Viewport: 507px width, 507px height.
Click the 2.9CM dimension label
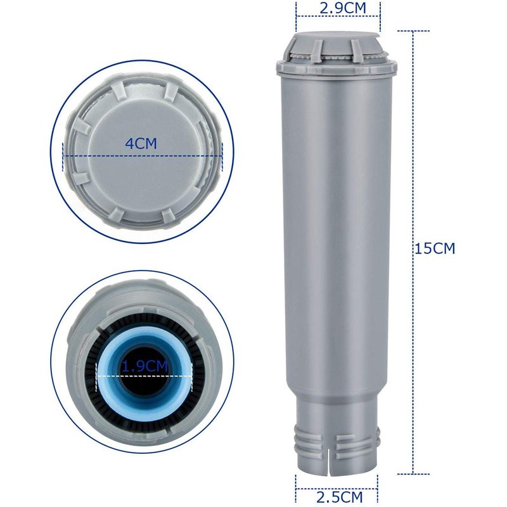pyautogui.click(x=337, y=9)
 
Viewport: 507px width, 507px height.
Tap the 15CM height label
pyautogui.click(x=435, y=248)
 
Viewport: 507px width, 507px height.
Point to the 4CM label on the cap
pyautogui.click(x=140, y=144)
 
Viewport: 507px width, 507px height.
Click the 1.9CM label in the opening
pyautogui.click(x=145, y=366)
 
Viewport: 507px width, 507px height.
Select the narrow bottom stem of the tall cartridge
pyautogui.click(x=337, y=437)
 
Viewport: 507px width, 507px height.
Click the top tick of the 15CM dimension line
pyautogui.click(x=413, y=30)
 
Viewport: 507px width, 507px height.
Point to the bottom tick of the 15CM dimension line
pyautogui.click(x=413, y=474)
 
